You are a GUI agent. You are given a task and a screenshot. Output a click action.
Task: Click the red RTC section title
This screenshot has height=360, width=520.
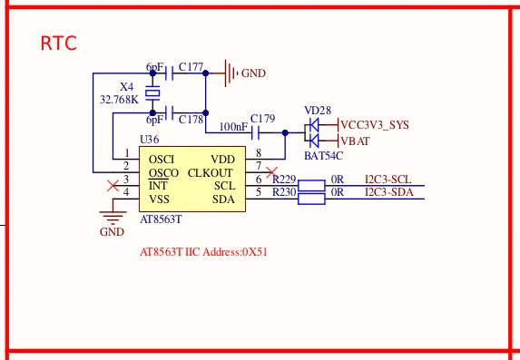(x=59, y=44)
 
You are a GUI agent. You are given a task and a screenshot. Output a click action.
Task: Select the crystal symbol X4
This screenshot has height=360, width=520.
(x=152, y=92)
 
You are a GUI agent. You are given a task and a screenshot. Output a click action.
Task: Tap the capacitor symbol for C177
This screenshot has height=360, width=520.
(x=169, y=73)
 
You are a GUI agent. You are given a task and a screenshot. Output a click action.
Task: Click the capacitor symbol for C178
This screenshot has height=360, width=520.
(x=169, y=113)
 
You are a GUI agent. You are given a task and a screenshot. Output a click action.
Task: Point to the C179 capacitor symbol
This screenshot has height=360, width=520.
(x=255, y=133)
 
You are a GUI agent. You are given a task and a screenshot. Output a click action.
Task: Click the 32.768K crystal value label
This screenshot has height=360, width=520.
(x=120, y=100)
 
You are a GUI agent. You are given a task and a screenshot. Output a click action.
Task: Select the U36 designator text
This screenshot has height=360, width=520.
(x=149, y=140)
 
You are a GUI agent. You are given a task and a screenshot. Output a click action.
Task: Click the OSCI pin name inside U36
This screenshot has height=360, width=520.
(x=162, y=160)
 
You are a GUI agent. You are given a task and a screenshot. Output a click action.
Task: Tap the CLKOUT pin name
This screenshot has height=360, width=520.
(x=211, y=173)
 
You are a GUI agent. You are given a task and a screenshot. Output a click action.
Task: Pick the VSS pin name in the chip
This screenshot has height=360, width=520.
(x=159, y=199)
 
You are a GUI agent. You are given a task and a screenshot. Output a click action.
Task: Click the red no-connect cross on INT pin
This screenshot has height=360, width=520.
(x=113, y=186)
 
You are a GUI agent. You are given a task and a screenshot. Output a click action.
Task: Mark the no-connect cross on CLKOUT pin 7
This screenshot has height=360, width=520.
(x=271, y=172)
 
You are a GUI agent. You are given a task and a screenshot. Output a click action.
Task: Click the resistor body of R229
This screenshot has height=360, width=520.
(x=311, y=186)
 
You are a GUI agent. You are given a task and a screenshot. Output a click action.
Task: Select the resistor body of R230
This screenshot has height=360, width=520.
(x=311, y=199)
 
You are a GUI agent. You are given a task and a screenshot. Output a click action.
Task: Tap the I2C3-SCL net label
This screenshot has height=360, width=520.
(x=388, y=180)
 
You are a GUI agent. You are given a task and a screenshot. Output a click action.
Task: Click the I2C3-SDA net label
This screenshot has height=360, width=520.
(x=389, y=192)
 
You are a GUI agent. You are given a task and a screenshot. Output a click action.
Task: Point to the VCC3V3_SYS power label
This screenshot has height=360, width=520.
(x=375, y=125)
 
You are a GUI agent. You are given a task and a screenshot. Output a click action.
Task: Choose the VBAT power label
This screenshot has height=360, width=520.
(x=355, y=141)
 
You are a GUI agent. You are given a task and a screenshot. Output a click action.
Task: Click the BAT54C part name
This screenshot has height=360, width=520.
(x=323, y=156)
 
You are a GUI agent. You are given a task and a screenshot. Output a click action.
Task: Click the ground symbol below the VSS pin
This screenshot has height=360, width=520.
(x=113, y=217)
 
